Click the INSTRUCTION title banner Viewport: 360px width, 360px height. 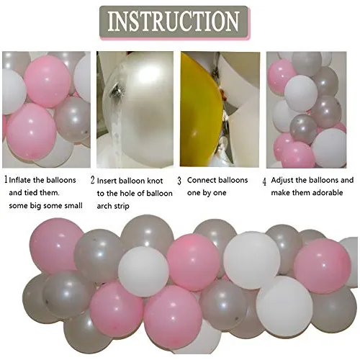pos(174,22)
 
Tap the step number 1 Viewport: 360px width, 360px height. pos(6,180)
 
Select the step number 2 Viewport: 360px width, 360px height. pos(93,180)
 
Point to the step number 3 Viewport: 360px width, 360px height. pos(179,181)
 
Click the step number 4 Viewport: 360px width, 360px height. pos(264,181)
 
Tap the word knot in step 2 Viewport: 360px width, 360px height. pos(154,181)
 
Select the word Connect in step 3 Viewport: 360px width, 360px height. pos(202,180)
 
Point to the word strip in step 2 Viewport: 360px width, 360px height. pos(121,206)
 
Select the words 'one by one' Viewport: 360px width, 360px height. pos(207,193)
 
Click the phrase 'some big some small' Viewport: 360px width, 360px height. pos(45,206)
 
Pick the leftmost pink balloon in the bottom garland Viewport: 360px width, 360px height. pos(55,246)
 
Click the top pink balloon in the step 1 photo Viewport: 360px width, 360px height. pos(48,81)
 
